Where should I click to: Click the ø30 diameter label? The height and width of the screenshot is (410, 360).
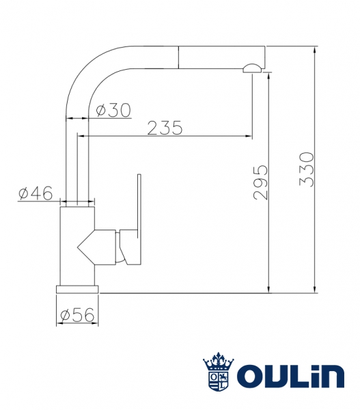[x=113, y=110]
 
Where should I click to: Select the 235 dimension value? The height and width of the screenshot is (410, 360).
[x=165, y=128]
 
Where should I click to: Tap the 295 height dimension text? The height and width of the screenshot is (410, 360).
[x=261, y=182]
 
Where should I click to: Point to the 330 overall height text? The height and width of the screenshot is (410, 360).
[x=306, y=169]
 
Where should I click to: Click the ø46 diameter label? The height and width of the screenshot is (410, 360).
[x=36, y=193]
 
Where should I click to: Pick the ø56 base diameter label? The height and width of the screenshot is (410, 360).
[x=77, y=315]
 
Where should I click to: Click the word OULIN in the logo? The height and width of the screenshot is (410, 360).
[x=290, y=377]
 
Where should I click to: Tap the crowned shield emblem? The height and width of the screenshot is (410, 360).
[x=219, y=372]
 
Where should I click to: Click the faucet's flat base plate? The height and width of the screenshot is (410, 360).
[x=77, y=289]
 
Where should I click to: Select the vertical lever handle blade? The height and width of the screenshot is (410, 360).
[x=139, y=206]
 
